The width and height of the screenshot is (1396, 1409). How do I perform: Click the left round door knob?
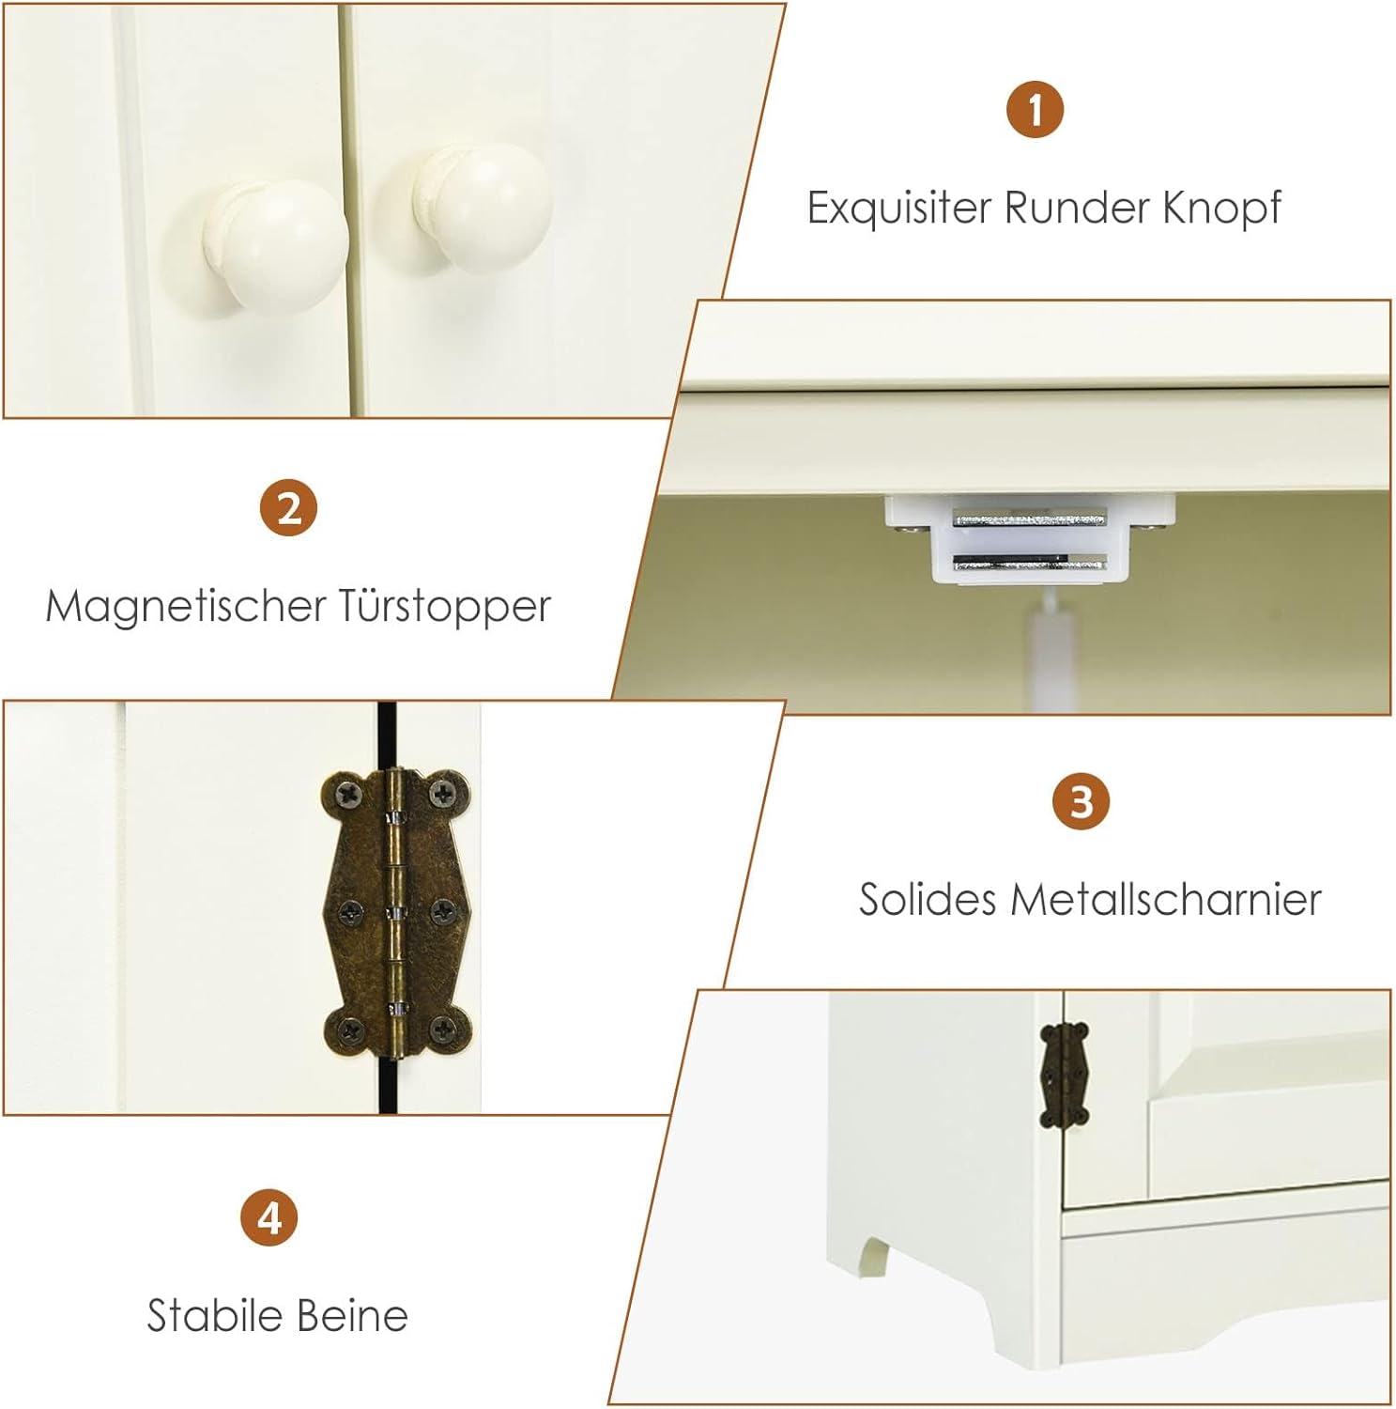[275, 245]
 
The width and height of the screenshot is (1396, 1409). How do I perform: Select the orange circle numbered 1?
[1035, 109]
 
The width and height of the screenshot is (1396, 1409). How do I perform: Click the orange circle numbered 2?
[288, 508]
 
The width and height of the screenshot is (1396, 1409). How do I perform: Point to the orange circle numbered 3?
[1082, 801]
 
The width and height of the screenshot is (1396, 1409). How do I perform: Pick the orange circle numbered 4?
[269, 1217]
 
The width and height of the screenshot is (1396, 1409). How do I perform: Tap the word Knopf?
[1221, 208]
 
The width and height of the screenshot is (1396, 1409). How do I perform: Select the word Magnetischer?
[184, 606]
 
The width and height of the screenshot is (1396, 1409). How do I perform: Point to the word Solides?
[928, 899]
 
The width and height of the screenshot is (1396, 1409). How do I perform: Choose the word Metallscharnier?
[1166, 899]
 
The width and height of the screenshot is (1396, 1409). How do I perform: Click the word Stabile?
[210, 1315]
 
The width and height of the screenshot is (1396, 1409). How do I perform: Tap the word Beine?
[347, 1315]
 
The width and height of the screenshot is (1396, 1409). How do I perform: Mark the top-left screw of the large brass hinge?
[350, 796]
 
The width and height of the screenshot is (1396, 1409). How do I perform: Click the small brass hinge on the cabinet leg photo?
[1065, 1074]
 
